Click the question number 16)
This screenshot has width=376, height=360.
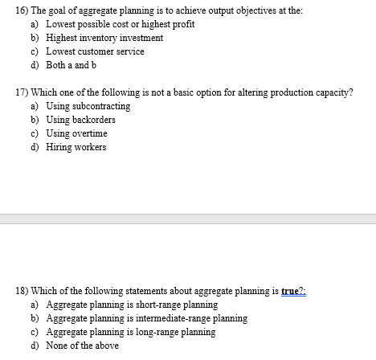(x=10, y=10)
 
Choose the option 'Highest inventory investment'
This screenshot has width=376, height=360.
(x=104, y=38)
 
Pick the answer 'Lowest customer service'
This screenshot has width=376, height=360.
(x=95, y=51)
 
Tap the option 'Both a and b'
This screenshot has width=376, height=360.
(x=72, y=65)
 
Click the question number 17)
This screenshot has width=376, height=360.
(x=10, y=92)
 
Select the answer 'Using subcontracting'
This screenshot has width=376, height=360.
(x=88, y=106)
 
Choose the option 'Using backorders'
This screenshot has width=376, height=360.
(x=82, y=120)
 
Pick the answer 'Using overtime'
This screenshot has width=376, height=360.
(x=77, y=133)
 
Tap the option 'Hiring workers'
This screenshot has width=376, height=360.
(x=76, y=147)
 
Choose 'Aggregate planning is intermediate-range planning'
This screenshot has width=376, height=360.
(x=146, y=318)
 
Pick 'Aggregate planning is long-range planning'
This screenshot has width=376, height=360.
(x=130, y=332)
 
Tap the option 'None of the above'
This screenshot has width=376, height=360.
(x=82, y=346)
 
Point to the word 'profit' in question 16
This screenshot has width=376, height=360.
(x=182, y=24)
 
